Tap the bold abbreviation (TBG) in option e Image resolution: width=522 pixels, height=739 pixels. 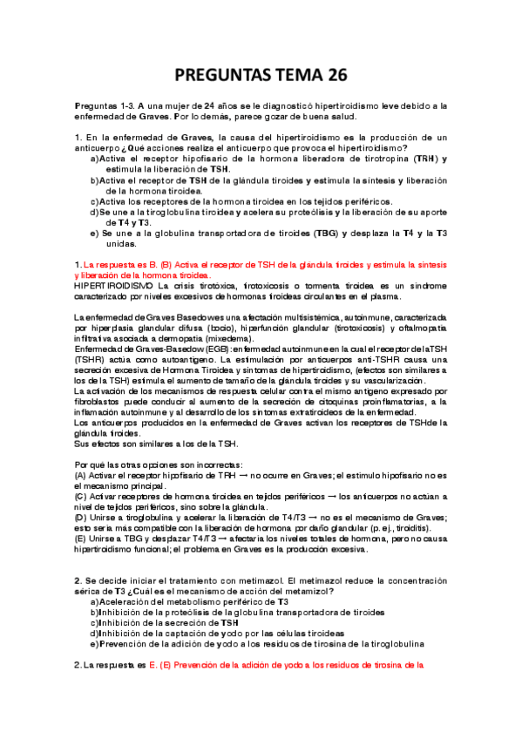350,234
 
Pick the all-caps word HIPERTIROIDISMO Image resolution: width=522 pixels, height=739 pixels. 112,285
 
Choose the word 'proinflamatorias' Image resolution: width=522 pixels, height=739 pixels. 391,401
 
